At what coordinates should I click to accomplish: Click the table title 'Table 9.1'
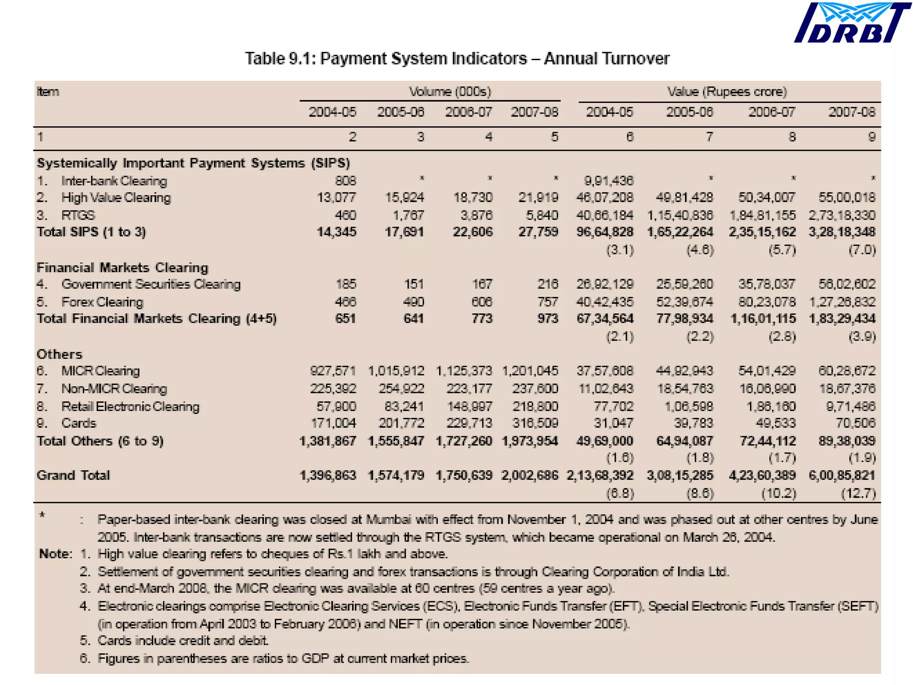pyautogui.click(x=457, y=58)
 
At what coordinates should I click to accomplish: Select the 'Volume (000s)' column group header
pyautogui.click(x=450, y=92)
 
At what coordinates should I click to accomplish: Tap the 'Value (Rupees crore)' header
pyautogui.click(x=727, y=92)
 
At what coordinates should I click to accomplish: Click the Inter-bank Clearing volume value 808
pyautogui.click(x=345, y=181)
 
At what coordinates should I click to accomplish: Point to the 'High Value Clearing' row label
pyautogui.click(x=116, y=198)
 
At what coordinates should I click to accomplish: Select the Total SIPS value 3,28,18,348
pyautogui.click(x=842, y=232)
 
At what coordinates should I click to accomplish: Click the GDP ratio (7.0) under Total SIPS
pyautogui.click(x=862, y=250)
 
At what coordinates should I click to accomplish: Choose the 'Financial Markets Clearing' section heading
pyautogui.click(x=122, y=268)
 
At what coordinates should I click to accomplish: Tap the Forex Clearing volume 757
pyautogui.click(x=547, y=302)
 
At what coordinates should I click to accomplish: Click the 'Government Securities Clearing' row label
pyautogui.click(x=151, y=284)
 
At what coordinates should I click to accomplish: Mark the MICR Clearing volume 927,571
pyautogui.click(x=333, y=371)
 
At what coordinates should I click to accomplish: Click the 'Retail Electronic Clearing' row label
pyautogui.click(x=130, y=406)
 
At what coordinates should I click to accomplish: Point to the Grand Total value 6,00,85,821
pyautogui.click(x=842, y=475)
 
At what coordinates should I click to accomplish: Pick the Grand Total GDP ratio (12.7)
pyautogui.click(x=858, y=493)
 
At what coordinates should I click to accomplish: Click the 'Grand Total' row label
pyautogui.click(x=73, y=475)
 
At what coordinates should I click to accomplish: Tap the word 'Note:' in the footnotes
pyautogui.click(x=55, y=554)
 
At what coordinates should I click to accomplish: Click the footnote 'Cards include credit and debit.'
pyautogui.click(x=183, y=641)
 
